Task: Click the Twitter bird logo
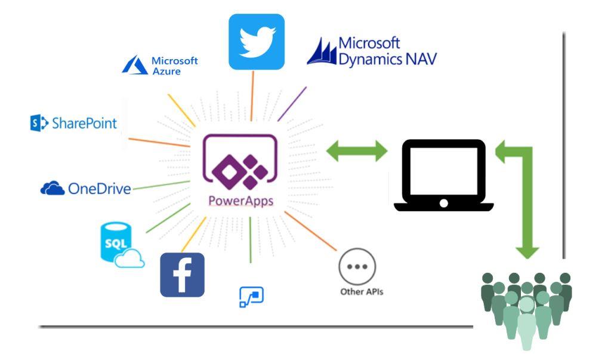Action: click(x=257, y=41)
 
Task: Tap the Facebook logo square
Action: click(x=182, y=275)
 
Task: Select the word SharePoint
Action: click(x=84, y=124)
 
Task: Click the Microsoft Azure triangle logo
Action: click(x=134, y=65)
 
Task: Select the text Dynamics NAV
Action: click(x=387, y=59)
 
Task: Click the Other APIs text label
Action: click(x=357, y=293)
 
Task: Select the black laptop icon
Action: click(x=443, y=175)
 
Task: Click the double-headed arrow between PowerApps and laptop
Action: click(x=357, y=150)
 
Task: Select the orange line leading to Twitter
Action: click(x=252, y=96)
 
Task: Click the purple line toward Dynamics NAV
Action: click(x=292, y=103)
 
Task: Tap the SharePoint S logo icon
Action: click(x=39, y=124)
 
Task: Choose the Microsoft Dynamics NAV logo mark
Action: click(x=321, y=52)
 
